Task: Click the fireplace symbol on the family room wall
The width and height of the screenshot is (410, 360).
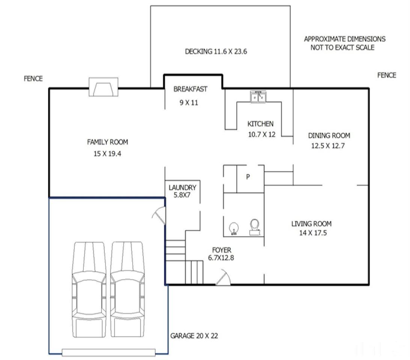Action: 103,87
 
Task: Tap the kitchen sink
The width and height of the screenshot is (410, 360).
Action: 258,97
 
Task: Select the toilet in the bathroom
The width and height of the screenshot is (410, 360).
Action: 255,227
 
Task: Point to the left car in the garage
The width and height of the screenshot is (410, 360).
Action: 89,289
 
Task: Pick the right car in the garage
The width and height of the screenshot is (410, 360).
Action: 127,289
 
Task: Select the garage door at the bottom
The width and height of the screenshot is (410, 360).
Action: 109,352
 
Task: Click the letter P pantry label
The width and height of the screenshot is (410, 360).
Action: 248,177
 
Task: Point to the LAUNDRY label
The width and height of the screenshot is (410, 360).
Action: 182,187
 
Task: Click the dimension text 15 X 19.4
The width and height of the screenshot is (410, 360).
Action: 107,154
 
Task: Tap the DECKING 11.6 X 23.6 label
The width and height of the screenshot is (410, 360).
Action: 216,51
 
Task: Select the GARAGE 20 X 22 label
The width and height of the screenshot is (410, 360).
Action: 194,336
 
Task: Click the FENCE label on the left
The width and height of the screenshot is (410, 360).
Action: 33,79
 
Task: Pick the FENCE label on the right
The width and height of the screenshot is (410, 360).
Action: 387,75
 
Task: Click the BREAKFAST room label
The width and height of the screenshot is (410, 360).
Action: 190,89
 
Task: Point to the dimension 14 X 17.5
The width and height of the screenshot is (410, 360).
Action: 313,233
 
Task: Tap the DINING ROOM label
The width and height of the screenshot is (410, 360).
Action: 329,136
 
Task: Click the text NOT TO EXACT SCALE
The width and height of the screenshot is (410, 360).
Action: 342,48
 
